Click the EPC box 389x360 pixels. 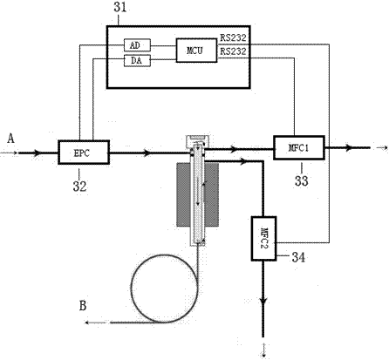pyautogui.click(x=84, y=153)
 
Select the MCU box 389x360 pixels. pyautogui.click(x=196, y=51)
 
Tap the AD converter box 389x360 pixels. pyautogui.click(x=137, y=45)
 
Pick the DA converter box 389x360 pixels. pyautogui.click(x=137, y=60)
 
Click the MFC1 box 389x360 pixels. pyautogui.click(x=299, y=147)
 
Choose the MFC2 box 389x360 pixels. pyautogui.click(x=263, y=238)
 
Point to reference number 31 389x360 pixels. pyautogui.click(x=120, y=7)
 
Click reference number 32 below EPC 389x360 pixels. pyautogui.click(x=79, y=187)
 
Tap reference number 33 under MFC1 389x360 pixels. pyautogui.click(x=302, y=181)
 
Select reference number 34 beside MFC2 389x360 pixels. pyautogui.click(x=298, y=257)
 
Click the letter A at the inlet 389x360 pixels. pyautogui.click(x=10, y=139)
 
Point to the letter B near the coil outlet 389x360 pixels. pyautogui.click(x=83, y=306)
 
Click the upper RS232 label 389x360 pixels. pyautogui.click(x=233, y=37)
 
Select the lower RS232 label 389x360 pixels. pyautogui.click(x=233, y=51)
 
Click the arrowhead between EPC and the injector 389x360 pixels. pyautogui.click(x=147, y=153)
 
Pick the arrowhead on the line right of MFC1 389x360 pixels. pyautogui.click(x=349, y=147)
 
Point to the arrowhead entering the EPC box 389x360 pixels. pyautogui.click(x=37, y=153)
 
